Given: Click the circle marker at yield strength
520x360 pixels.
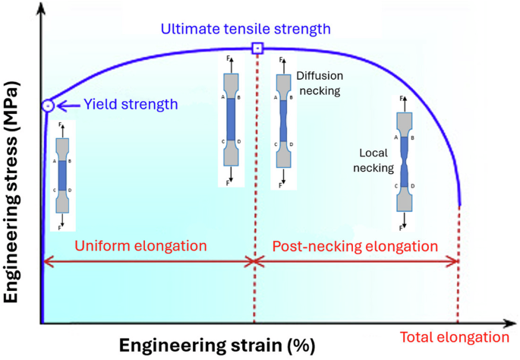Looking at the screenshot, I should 48,106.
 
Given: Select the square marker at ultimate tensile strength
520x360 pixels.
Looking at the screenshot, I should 257,49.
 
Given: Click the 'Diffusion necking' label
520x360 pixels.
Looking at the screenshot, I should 318,83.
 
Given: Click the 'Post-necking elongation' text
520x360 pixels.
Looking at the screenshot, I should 355,246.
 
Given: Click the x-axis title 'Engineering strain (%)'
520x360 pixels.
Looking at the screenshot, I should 216,345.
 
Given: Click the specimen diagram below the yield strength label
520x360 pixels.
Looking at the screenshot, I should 62,175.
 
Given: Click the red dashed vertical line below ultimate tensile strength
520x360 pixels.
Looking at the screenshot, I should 256,190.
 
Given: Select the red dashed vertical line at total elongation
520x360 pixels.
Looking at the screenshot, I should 459,266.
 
